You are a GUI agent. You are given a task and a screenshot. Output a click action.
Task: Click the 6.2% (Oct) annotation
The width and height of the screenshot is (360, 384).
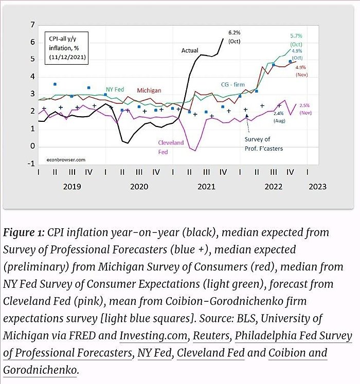(235, 36)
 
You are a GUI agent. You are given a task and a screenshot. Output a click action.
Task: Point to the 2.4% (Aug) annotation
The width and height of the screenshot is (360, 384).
(279, 116)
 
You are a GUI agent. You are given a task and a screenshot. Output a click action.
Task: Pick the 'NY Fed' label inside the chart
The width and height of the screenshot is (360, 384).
(115, 89)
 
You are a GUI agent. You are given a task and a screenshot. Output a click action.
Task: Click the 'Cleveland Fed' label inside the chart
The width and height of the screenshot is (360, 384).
(170, 147)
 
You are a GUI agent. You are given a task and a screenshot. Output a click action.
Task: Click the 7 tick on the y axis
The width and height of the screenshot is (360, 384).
(32, 25)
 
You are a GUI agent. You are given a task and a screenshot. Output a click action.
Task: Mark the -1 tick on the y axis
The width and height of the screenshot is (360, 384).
(31, 163)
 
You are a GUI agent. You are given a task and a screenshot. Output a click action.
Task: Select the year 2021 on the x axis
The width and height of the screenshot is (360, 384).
(206, 187)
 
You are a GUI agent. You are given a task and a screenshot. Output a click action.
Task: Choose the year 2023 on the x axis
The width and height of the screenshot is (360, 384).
(315, 187)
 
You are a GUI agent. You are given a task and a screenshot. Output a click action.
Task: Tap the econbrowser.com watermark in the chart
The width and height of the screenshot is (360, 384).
(64, 159)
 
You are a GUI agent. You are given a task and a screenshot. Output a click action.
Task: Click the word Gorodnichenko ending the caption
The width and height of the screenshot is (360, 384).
(40, 370)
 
